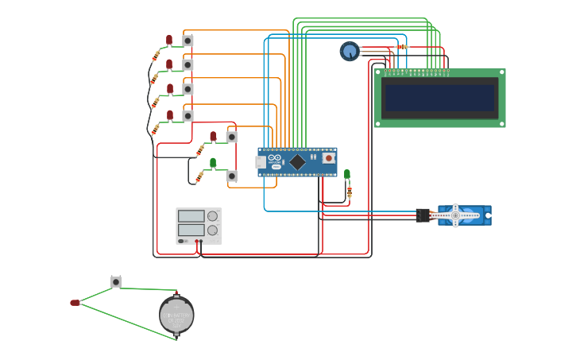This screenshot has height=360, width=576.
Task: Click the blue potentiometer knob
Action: click(x=350, y=51)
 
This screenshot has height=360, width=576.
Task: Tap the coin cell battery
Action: click(x=176, y=315)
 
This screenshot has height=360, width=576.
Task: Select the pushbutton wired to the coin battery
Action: click(x=116, y=282)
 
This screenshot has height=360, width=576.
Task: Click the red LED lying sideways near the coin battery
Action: click(x=75, y=303)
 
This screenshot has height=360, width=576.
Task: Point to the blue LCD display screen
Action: click(x=439, y=98)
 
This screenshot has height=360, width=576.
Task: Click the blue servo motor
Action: click(x=464, y=215)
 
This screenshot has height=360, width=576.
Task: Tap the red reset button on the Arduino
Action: click(x=328, y=157)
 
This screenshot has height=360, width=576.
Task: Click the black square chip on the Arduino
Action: click(x=297, y=161)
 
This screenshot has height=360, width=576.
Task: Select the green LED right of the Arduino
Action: click(x=347, y=174)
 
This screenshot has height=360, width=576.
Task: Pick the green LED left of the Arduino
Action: click(x=213, y=162)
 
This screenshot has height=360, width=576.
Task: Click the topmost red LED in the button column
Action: click(x=169, y=39)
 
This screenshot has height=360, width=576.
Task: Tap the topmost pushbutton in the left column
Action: click(x=187, y=41)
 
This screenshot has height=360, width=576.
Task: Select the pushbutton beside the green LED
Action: click(x=231, y=176)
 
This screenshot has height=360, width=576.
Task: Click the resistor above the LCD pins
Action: click(x=401, y=47)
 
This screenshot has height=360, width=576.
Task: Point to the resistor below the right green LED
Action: click(x=350, y=192)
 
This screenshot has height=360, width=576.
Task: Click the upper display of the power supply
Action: click(x=191, y=216)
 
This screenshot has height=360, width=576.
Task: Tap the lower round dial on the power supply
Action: click(x=212, y=230)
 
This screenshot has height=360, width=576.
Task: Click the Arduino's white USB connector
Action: click(x=260, y=162)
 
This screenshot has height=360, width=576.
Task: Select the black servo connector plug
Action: click(x=423, y=215)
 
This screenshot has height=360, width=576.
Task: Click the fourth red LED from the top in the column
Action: click(x=170, y=114)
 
